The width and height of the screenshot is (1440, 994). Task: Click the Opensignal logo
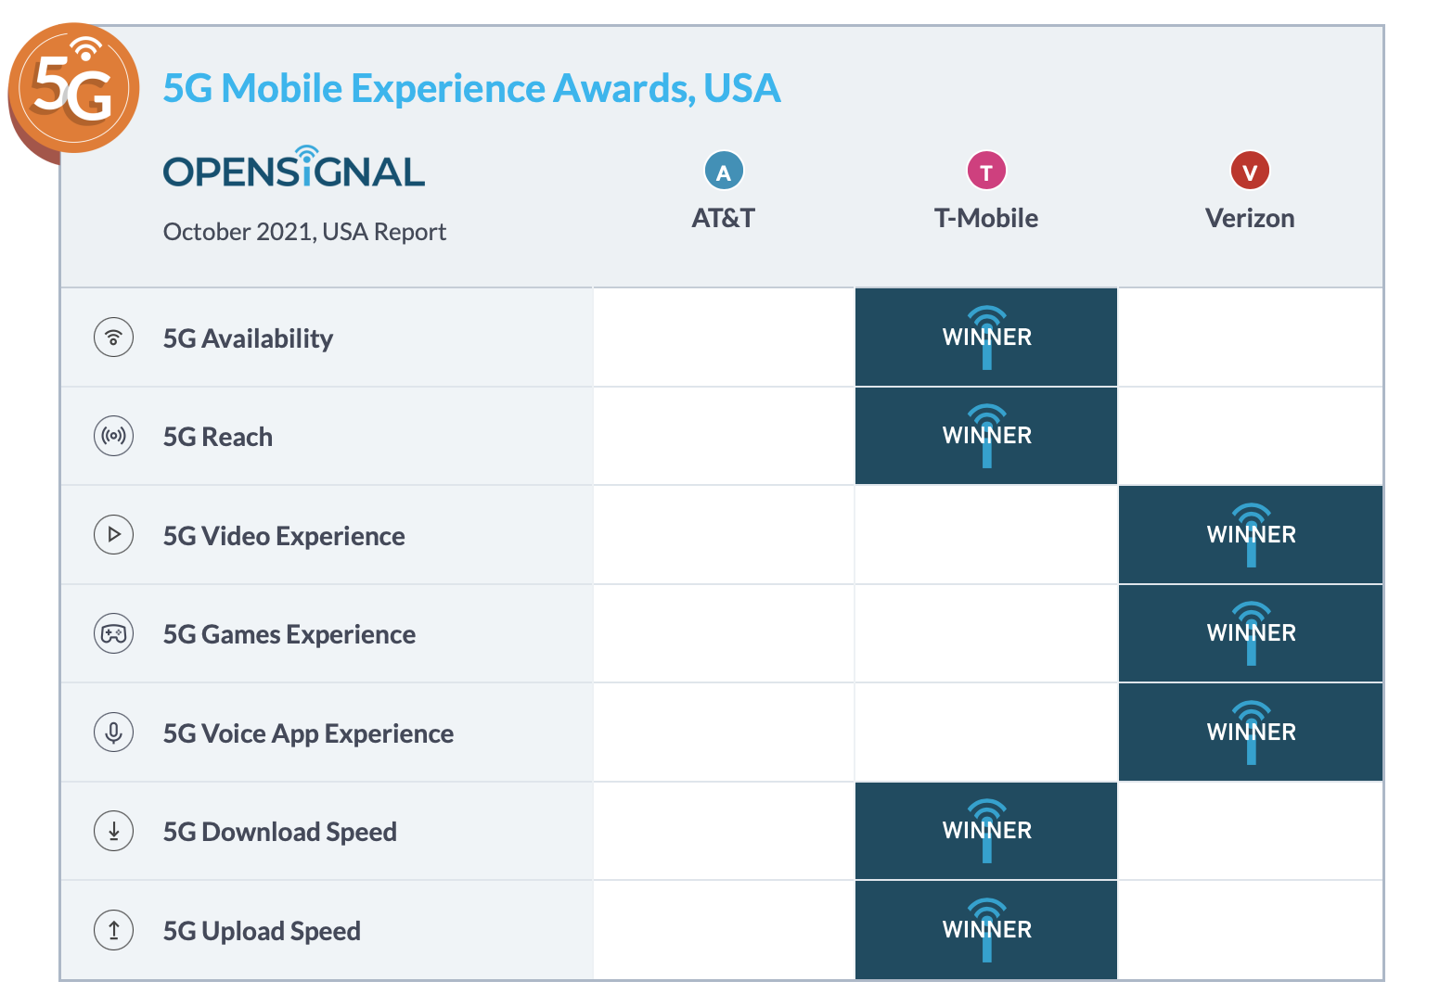(293, 169)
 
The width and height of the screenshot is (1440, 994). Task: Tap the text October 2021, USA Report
(304, 232)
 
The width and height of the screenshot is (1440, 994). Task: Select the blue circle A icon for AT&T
(724, 172)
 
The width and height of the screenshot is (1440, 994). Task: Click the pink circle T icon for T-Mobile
(986, 172)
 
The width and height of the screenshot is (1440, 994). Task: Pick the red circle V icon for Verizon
(1250, 172)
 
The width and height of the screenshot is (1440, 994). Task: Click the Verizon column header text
(1250, 219)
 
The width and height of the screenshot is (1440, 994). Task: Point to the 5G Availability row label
(248, 338)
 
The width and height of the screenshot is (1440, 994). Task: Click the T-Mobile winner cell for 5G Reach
(986, 436)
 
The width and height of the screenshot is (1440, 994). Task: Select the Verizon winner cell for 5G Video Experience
(1251, 535)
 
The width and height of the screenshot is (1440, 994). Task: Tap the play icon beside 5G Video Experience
(114, 535)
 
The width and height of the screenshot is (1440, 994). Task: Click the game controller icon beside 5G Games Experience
(114, 634)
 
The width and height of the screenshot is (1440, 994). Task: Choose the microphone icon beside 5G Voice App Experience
(114, 733)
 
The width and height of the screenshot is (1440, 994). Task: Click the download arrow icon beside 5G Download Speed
(114, 831)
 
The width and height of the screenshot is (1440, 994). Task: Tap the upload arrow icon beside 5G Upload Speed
(114, 930)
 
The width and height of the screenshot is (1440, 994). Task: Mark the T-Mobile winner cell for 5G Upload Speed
(986, 930)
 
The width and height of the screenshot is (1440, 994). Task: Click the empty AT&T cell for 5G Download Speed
(724, 831)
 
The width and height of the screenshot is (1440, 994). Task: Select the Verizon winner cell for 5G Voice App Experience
(1251, 733)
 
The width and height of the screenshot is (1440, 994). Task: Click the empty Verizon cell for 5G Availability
(1251, 338)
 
